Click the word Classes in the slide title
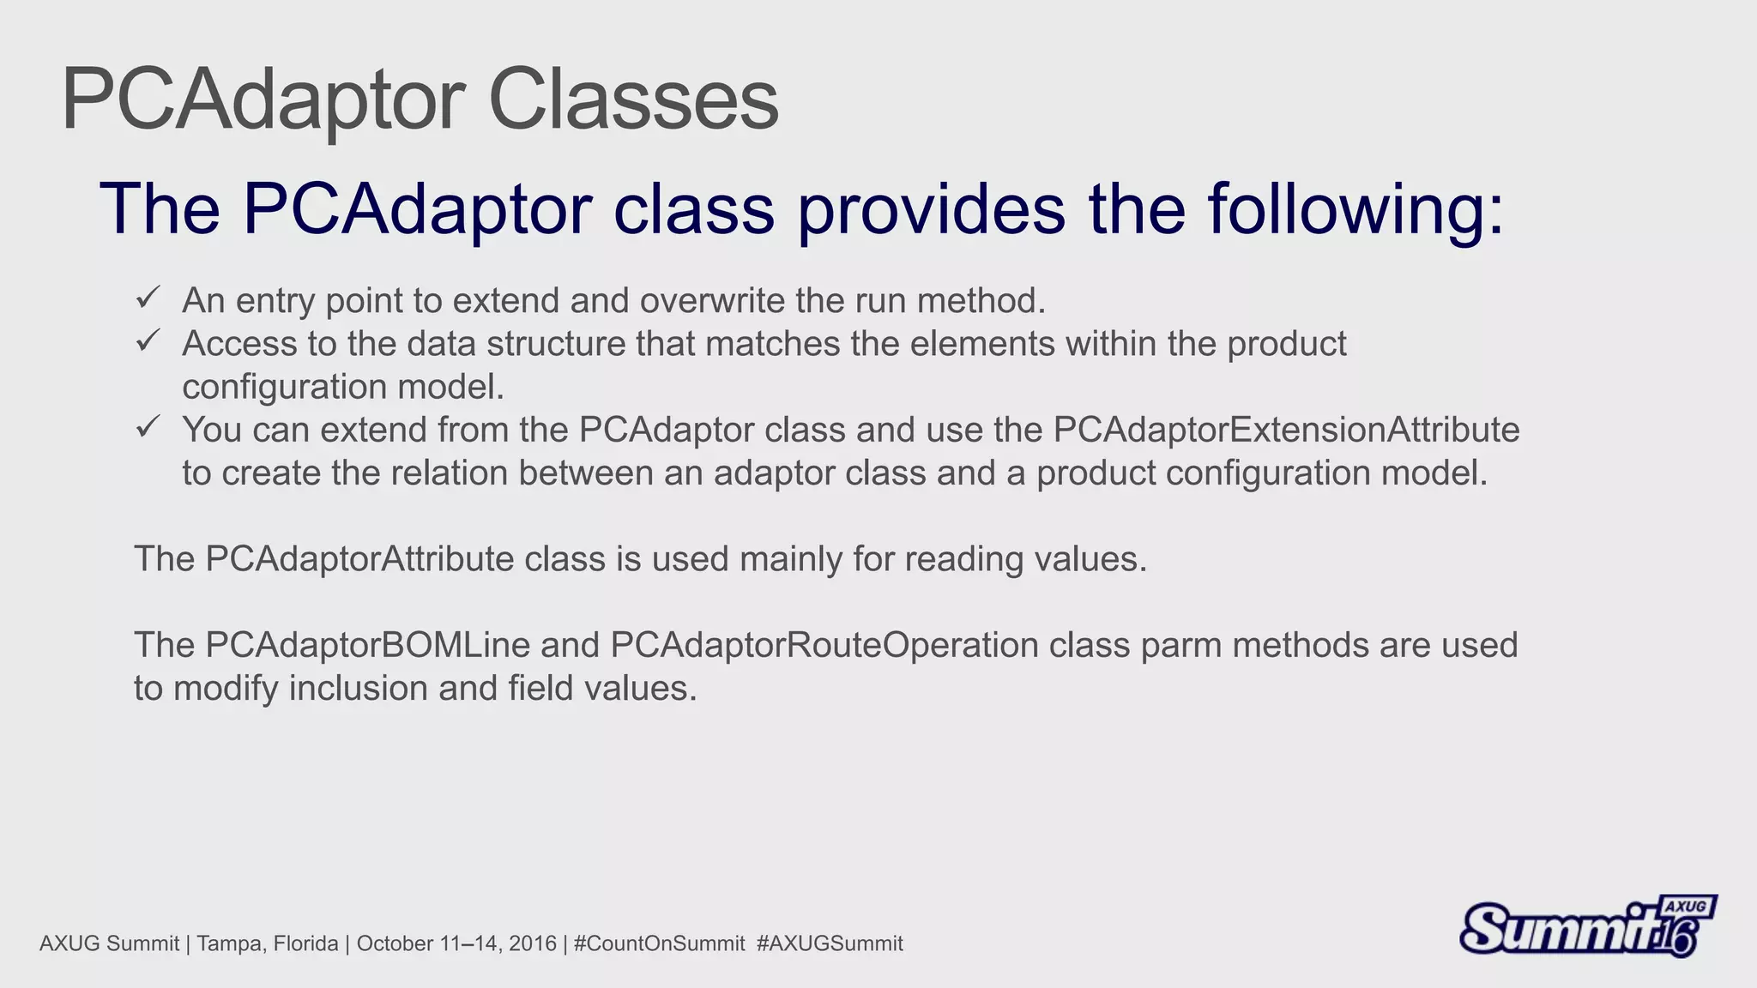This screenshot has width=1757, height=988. tap(633, 100)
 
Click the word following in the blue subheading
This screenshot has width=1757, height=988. tap(1355, 209)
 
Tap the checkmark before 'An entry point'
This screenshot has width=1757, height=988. tap(148, 298)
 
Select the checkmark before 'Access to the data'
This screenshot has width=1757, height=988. tap(148, 340)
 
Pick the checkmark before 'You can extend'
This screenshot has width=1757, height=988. tap(148, 426)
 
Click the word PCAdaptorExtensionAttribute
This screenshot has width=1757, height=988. tap(1286, 430)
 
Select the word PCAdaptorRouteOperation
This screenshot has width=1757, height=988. tap(824, 645)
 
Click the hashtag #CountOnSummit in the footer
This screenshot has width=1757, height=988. tap(659, 943)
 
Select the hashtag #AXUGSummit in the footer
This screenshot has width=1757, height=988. tap(830, 943)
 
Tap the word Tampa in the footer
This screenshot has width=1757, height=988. tap(224, 943)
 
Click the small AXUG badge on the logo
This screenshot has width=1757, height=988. tap(1686, 907)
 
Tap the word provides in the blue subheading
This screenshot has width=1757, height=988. tap(932, 209)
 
